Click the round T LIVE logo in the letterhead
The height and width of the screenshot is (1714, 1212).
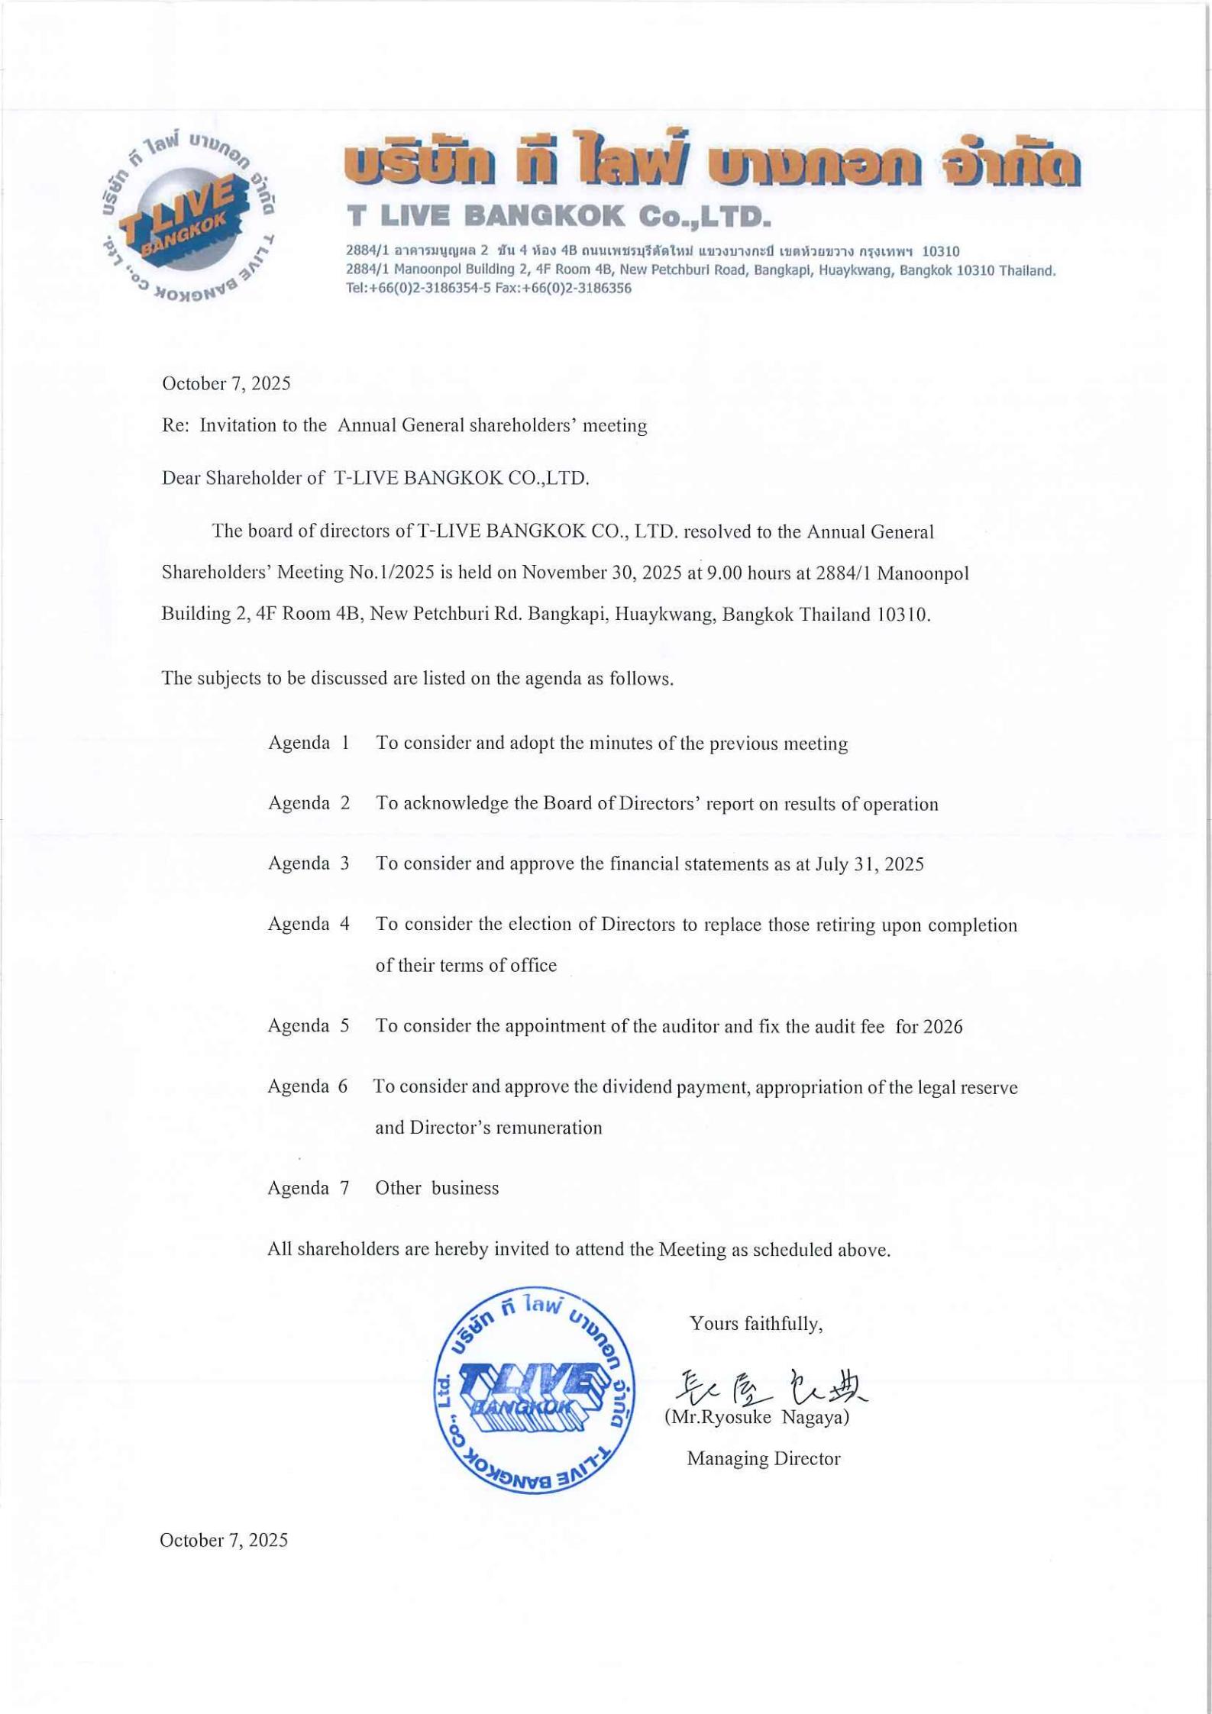(x=187, y=216)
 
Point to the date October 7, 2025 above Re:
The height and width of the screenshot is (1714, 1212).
(x=226, y=383)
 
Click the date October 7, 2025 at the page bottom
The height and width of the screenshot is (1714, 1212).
(x=224, y=1540)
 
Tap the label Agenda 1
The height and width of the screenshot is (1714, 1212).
(x=309, y=743)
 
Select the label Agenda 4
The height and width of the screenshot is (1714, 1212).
(x=309, y=924)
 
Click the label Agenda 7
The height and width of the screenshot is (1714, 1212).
(x=309, y=1188)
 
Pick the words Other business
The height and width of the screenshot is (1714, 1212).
(x=437, y=1188)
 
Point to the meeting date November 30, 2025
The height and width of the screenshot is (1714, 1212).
(x=602, y=573)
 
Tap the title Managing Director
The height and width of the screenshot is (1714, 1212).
(x=764, y=1459)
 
